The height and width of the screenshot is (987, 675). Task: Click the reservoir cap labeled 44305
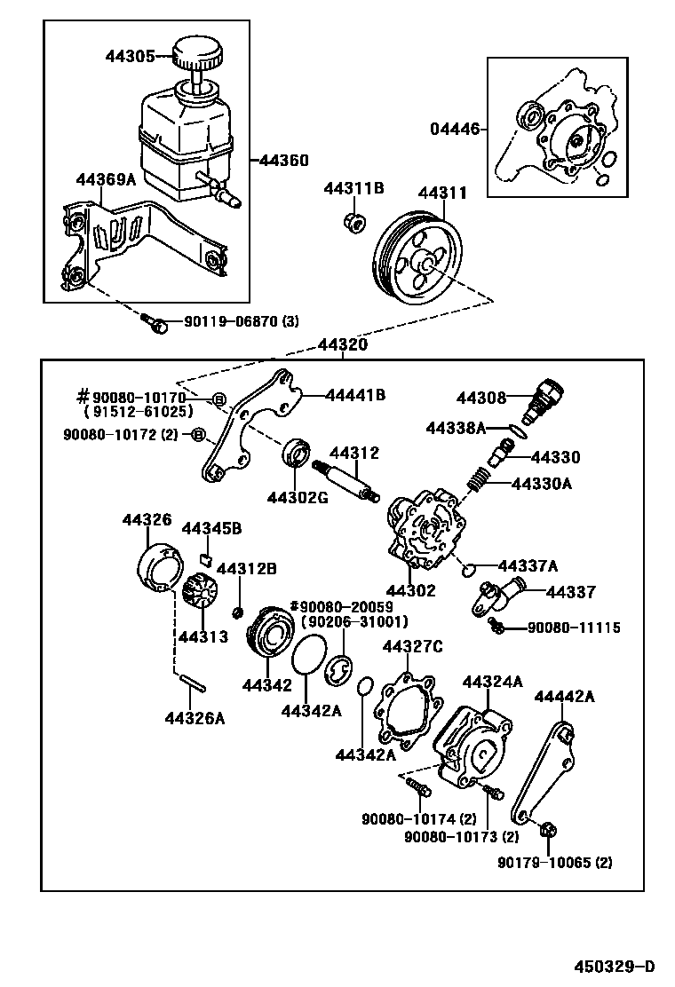[197, 55]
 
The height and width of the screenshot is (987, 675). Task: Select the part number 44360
[283, 161]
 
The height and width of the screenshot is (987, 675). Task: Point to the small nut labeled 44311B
[353, 221]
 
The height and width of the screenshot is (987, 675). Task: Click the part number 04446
[455, 130]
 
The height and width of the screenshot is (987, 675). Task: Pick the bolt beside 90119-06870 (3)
[157, 325]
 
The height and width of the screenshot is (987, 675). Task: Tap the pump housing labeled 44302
[425, 533]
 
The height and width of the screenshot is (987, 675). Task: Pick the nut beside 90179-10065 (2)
[547, 831]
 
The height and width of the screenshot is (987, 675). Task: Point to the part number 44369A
[106, 180]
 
